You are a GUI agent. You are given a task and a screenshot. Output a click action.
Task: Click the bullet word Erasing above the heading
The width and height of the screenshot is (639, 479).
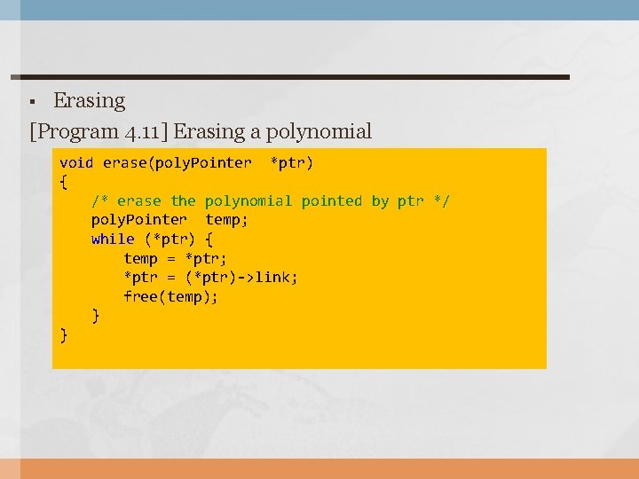click(90, 101)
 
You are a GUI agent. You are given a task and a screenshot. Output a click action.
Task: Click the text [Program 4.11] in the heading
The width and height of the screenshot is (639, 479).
click(99, 132)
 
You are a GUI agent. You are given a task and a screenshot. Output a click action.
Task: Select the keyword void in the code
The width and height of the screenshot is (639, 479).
click(76, 163)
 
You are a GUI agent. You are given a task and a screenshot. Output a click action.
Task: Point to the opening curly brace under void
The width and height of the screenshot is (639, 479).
click(63, 182)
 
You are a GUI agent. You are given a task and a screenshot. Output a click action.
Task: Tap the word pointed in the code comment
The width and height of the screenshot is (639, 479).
click(332, 201)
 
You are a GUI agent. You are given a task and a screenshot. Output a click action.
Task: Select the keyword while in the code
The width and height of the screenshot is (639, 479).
click(113, 239)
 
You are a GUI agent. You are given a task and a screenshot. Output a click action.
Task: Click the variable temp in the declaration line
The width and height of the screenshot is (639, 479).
click(226, 220)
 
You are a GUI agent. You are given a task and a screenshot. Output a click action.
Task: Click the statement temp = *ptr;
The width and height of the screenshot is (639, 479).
click(176, 258)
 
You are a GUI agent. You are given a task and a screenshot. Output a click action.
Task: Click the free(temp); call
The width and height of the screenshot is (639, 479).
click(171, 296)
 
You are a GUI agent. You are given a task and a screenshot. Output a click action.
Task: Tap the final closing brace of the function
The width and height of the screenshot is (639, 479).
click(63, 334)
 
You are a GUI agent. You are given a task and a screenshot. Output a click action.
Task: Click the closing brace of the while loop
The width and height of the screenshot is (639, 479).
click(96, 315)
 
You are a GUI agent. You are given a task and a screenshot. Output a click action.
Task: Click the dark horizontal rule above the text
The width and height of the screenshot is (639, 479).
click(293, 77)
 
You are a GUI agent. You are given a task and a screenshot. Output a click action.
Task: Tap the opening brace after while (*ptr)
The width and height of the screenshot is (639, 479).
click(209, 239)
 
